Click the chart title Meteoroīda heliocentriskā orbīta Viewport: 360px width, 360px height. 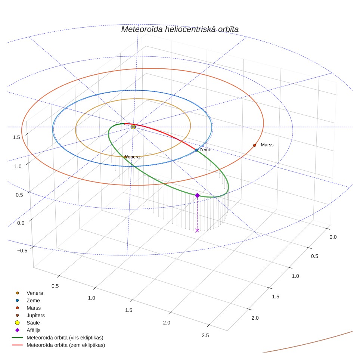click(180, 30)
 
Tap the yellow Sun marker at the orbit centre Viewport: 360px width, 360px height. click(133, 127)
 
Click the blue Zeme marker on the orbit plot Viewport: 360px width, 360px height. click(196, 150)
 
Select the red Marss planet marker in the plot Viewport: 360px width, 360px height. click(255, 145)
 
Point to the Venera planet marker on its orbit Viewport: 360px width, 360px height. click(125, 157)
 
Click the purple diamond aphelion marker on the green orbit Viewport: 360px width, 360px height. click(197, 195)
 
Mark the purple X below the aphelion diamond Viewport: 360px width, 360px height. click(197, 230)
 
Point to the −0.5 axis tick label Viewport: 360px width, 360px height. click(22, 251)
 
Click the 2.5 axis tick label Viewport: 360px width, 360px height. click(205, 335)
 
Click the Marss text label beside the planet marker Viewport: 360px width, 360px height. click(267, 145)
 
